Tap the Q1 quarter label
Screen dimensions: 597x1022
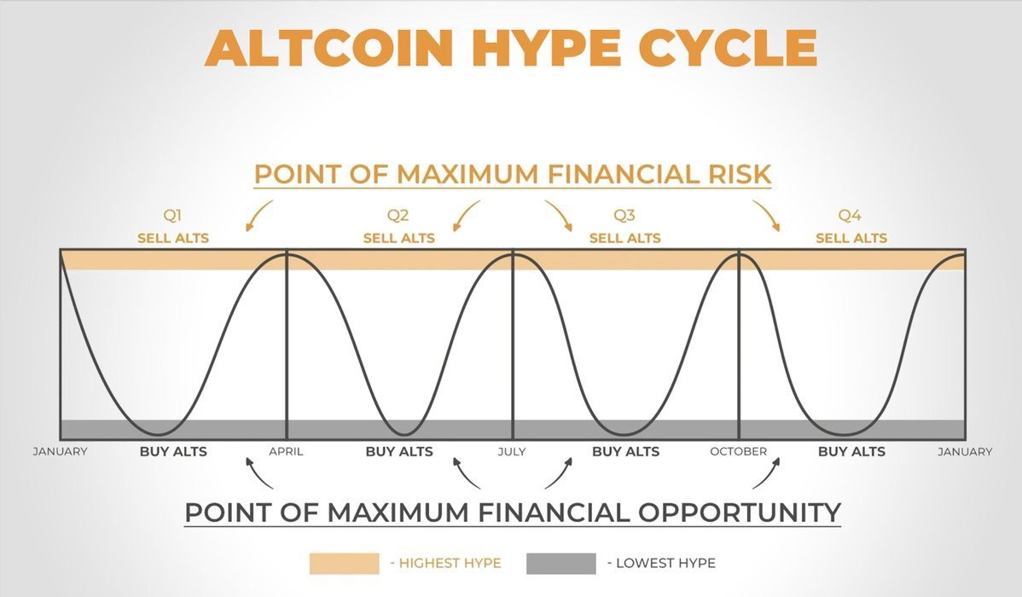click(x=173, y=217)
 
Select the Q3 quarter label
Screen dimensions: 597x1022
click(x=624, y=217)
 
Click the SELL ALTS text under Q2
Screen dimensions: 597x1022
click(x=398, y=238)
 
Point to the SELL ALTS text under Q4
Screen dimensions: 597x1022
click(x=851, y=238)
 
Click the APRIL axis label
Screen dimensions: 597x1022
click(x=286, y=452)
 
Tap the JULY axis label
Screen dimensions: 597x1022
click(x=512, y=452)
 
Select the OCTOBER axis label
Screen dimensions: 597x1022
click(x=738, y=452)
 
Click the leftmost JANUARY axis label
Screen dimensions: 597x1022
click(x=60, y=452)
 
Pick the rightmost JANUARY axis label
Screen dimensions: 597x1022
click(x=965, y=452)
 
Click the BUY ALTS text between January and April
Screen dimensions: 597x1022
click(x=173, y=452)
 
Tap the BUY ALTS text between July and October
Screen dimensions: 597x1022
click(x=625, y=452)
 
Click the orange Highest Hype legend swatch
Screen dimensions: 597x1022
click(x=344, y=563)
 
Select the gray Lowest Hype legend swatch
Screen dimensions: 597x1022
click(x=560, y=563)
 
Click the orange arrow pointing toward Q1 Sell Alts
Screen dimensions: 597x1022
click(x=258, y=216)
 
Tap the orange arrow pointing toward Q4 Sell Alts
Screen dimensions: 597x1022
click(x=766, y=216)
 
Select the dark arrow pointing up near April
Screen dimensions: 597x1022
click(x=258, y=473)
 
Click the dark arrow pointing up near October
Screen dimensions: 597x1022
click(x=766, y=473)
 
